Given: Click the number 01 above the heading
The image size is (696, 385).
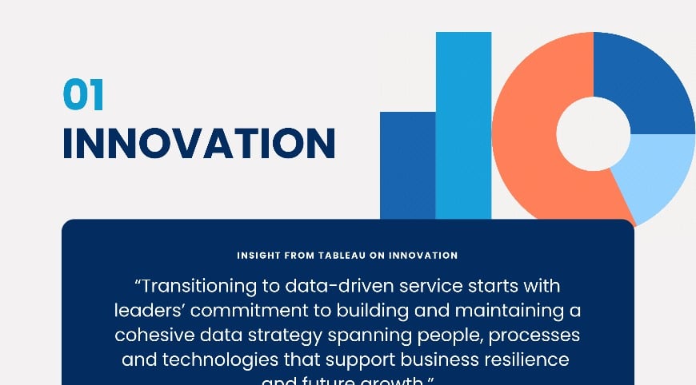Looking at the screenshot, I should pyautogui.click(x=83, y=95).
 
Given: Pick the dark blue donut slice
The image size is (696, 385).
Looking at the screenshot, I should pyautogui.click(x=645, y=80).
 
